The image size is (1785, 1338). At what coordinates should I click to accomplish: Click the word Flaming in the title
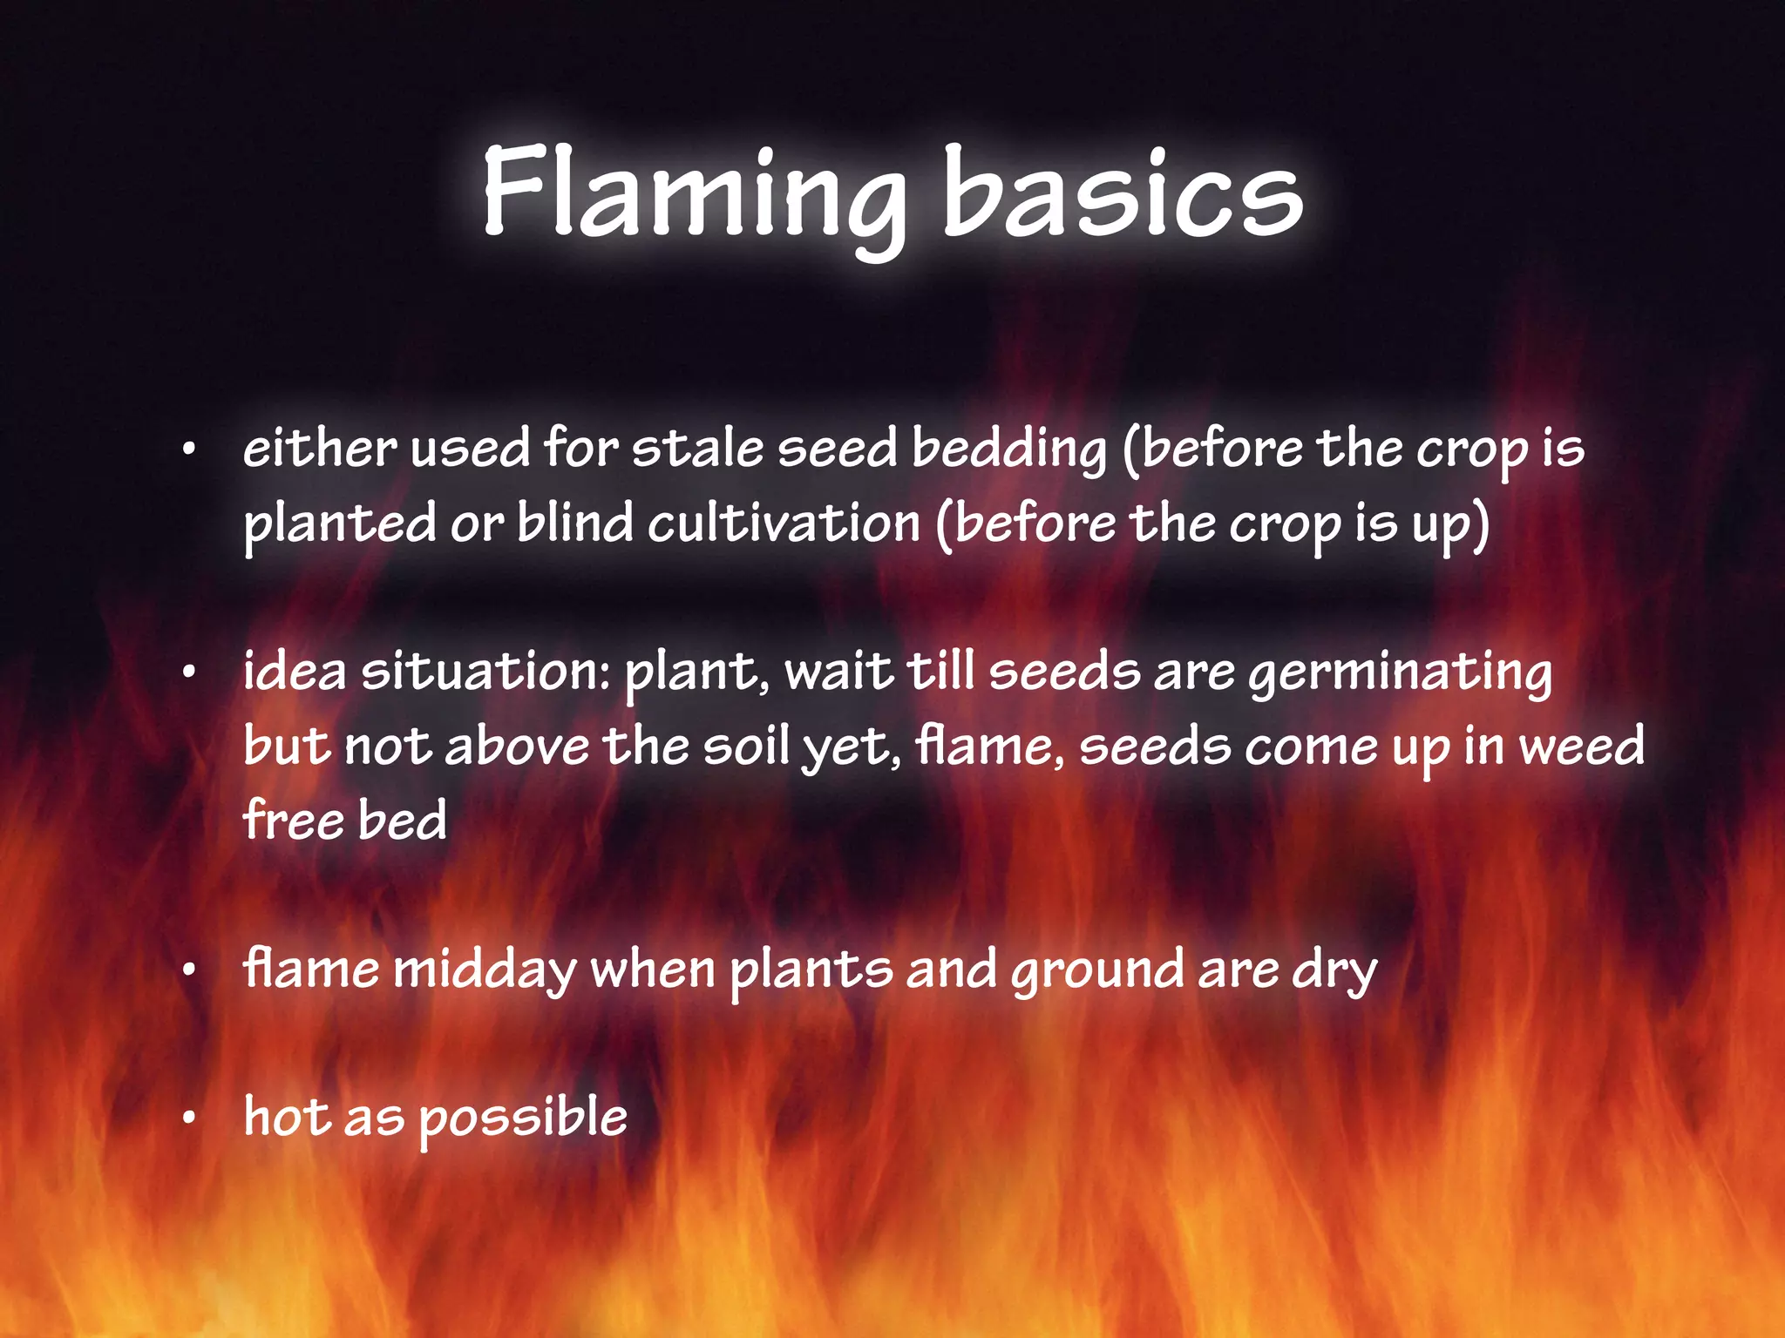693,193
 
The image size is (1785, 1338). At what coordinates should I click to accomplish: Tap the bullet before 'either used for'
188,450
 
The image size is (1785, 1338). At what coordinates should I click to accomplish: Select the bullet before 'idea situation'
188,673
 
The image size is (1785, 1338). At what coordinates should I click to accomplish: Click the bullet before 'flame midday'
188,971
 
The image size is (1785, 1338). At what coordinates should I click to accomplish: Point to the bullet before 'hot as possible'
188,1119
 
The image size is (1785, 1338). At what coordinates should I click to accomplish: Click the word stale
697,449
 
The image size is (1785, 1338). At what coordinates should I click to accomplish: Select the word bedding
1008,451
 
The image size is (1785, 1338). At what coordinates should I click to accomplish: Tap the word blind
575,524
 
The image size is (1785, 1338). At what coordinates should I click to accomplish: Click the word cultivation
784,524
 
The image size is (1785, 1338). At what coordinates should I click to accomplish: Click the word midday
485,971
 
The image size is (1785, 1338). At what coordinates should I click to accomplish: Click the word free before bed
293,820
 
